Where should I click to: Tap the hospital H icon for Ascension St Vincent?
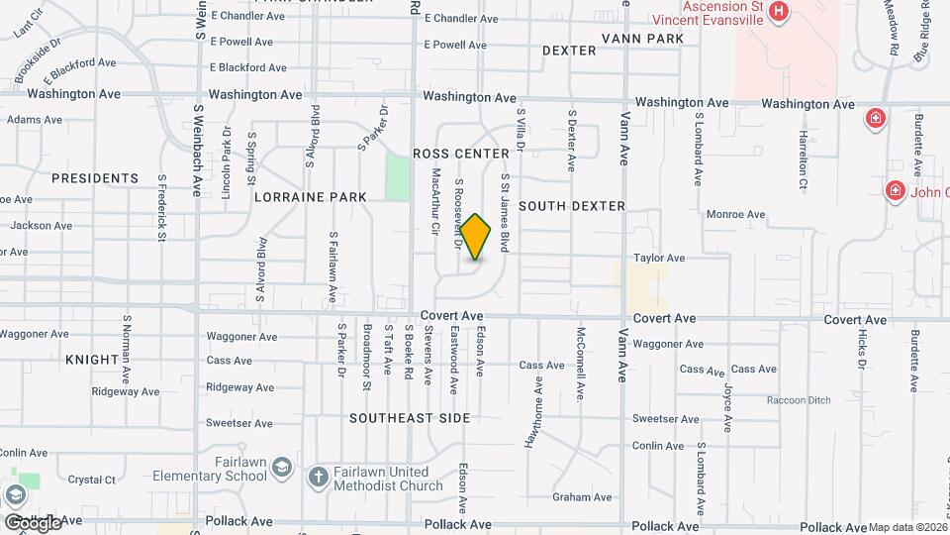tap(779, 12)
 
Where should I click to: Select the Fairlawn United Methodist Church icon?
tap(319, 478)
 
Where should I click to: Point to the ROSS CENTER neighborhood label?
tap(461, 154)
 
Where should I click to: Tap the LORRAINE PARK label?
tap(311, 197)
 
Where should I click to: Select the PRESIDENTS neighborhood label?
tap(95, 178)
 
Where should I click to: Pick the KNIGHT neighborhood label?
tap(92, 360)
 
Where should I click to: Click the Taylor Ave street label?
tap(660, 258)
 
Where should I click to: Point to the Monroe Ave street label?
tap(735, 214)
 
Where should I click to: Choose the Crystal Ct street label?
tap(92, 480)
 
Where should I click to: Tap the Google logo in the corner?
tap(33, 521)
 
